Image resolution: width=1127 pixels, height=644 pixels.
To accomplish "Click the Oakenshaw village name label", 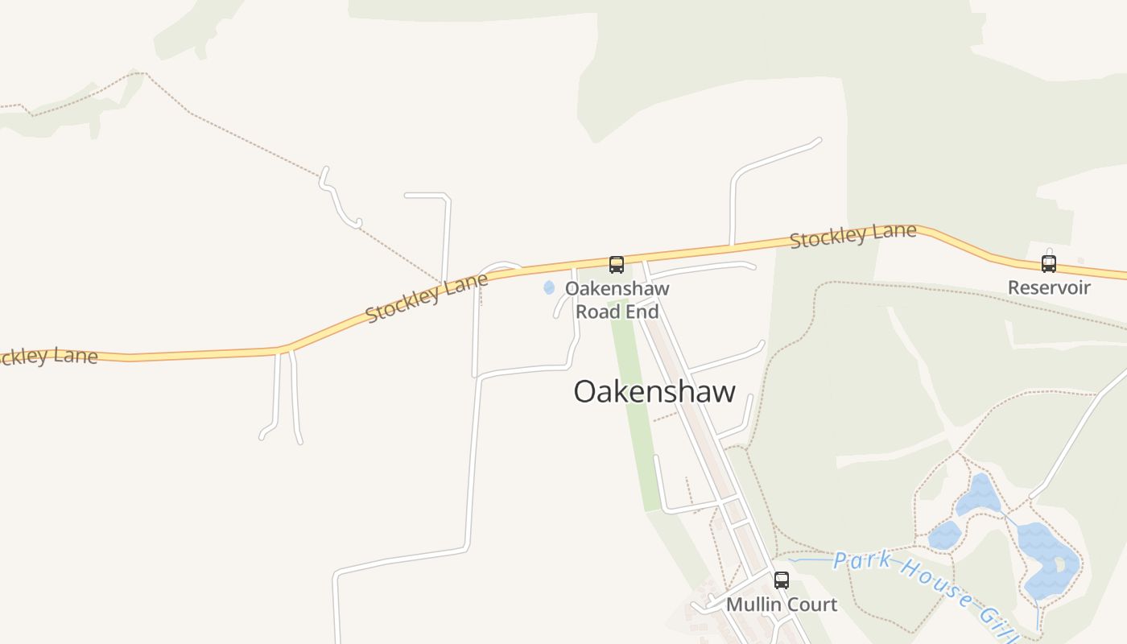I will (x=654, y=392).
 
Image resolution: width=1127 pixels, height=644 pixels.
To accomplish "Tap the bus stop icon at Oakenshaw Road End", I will (x=616, y=264).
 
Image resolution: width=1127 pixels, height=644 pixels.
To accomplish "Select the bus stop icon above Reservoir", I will (x=1048, y=262).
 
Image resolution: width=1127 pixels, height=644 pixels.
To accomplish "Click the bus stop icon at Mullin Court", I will (x=781, y=580).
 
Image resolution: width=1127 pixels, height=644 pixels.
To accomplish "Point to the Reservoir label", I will (x=1049, y=287).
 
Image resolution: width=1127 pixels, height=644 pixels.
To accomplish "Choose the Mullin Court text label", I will (x=781, y=605).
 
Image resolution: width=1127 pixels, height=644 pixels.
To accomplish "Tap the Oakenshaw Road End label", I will (x=617, y=299).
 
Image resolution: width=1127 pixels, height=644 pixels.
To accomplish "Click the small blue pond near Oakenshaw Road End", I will (x=549, y=287).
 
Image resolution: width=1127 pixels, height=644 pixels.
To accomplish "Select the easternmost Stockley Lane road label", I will (x=852, y=236).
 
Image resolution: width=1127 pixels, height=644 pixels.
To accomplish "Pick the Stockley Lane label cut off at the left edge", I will (x=48, y=355).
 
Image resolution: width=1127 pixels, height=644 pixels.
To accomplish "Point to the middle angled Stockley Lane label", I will (x=427, y=298).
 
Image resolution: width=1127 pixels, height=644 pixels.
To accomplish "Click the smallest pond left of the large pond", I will (x=944, y=535).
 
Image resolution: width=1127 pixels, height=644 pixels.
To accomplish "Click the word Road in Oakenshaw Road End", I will (x=597, y=312).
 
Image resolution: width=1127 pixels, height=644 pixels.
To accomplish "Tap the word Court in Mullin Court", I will (x=807, y=605).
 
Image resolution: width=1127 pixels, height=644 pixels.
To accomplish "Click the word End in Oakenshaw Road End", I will (x=642, y=312).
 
